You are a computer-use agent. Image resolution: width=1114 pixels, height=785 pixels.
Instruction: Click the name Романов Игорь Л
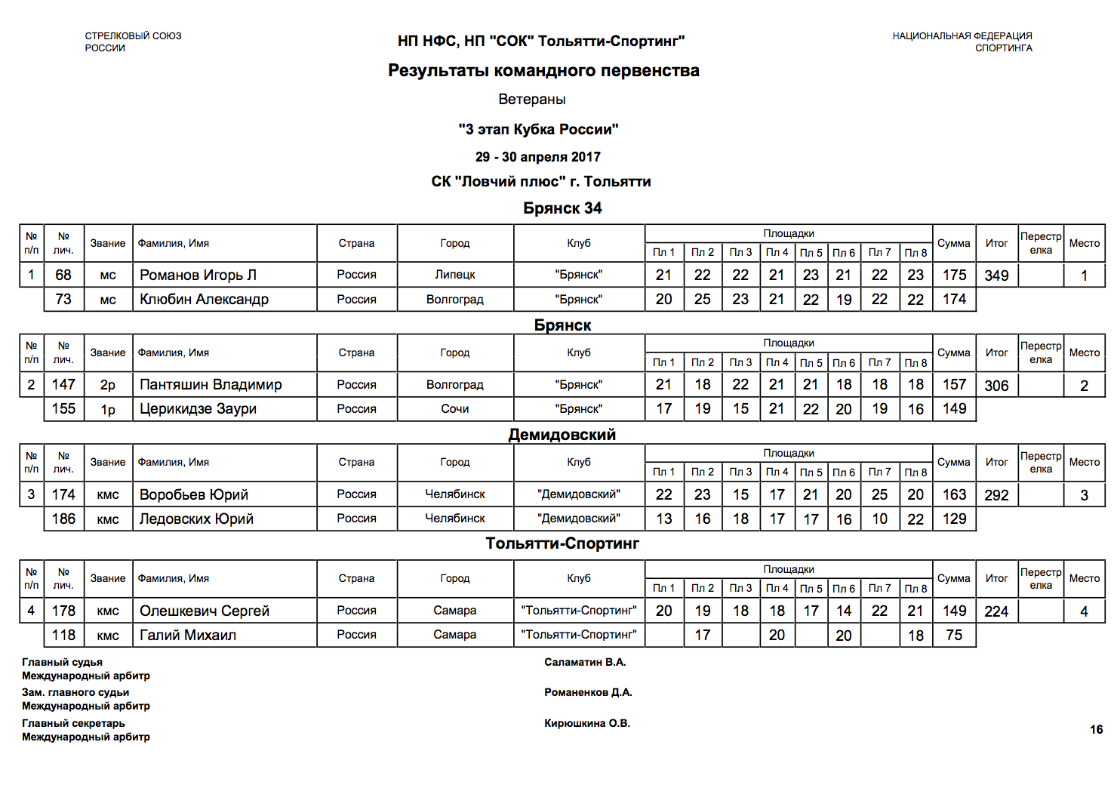pyautogui.click(x=198, y=275)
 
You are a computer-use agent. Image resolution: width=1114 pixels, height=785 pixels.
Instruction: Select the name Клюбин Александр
pyautogui.click(x=204, y=299)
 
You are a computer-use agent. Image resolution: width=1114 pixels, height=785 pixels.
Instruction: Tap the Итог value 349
pyautogui.click(x=996, y=276)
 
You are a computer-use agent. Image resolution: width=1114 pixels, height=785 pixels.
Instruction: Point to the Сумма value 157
pyautogui.click(x=954, y=384)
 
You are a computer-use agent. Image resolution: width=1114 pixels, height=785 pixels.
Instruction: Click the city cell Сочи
pyautogui.click(x=455, y=408)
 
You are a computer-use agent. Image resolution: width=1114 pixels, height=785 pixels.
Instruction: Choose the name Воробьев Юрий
pyautogui.click(x=194, y=494)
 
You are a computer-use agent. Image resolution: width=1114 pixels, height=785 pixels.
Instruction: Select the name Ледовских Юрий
pyautogui.click(x=196, y=519)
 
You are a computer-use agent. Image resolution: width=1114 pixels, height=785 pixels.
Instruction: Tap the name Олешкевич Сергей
pyautogui.click(x=204, y=611)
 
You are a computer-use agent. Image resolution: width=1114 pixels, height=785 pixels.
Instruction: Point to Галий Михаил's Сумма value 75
pyautogui.click(x=954, y=635)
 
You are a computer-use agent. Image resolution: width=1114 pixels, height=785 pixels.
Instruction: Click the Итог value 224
pyautogui.click(x=996, y=611)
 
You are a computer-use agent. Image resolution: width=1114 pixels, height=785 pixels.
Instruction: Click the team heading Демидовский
pyautogui.click(x=562, y=434)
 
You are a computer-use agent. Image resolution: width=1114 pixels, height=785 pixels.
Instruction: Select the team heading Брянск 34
pyautogui.click(x=562, y=208)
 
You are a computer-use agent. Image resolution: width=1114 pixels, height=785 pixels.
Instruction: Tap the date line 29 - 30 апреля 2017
pyautogui.click(x=538, y=157)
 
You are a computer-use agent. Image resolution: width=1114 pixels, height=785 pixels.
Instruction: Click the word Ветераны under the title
pyautogui.click(x=532, y=99)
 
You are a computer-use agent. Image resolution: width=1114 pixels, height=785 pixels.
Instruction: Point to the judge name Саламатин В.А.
pyautogui.click(x=585, y=662)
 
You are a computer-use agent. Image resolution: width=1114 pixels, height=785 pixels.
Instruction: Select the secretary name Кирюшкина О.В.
pyautogui.click(x=587, y=723)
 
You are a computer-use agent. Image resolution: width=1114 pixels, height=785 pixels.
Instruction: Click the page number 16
pyautogui.click(x=1096, y=729)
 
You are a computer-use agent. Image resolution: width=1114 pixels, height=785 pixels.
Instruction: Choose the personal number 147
pyautogui.click(x=63, y=384)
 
